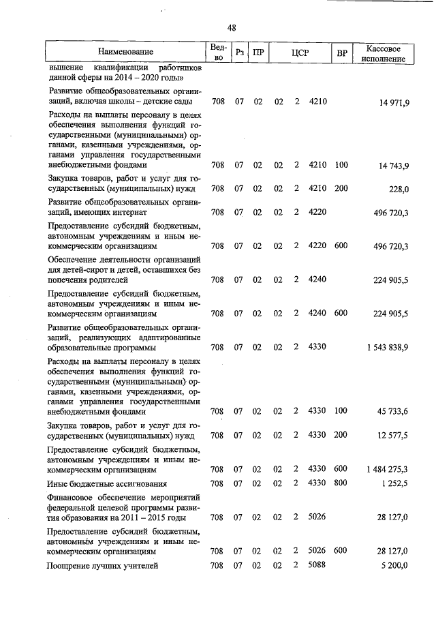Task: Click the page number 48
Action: point(232,27)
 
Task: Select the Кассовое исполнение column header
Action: point(386,54)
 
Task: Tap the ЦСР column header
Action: point(300,52)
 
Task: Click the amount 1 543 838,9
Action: point(387,347)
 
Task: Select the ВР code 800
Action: point(341,483)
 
